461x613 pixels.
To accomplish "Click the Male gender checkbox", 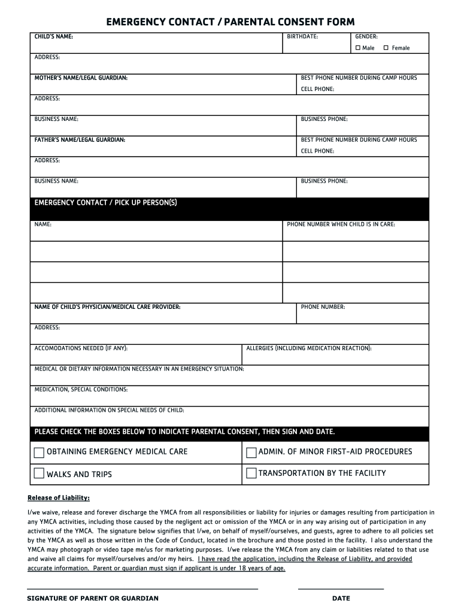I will (358, 48).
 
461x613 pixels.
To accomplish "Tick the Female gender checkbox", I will (386, 48).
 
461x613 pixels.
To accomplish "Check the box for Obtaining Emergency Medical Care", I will (39, 452).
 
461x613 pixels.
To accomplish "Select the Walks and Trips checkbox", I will (39, 474).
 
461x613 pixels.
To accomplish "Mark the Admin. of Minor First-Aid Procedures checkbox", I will (251, 452).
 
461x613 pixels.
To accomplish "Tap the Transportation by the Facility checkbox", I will (251, 474).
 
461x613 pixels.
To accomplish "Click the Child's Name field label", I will (54, 37).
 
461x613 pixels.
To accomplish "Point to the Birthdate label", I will (302, 37).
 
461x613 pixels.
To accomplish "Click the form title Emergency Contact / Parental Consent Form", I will (230, 22).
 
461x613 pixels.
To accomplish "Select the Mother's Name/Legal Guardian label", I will (81, 78).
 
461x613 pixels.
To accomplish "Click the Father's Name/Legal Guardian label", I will (80, 139).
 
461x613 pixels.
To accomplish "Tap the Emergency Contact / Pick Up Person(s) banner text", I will (105, 203).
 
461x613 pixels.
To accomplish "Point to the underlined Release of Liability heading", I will (59, 497).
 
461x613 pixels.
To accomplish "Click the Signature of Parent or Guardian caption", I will (93, 598).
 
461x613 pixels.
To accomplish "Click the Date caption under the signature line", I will (341, 598).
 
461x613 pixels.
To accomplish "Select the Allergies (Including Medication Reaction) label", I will (309, 348).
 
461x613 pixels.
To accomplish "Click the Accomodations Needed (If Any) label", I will (81, 348).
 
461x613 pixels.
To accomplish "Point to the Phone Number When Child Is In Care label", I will (341, 224).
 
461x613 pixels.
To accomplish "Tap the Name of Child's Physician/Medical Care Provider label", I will (107, 307).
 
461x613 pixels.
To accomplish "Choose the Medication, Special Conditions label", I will (81, 390).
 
